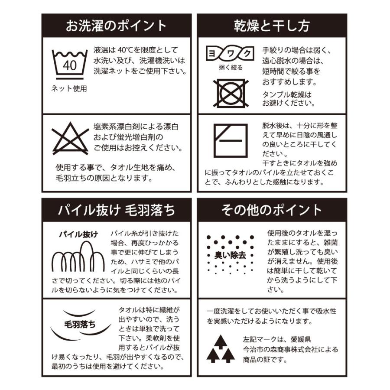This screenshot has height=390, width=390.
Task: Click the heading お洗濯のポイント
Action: click(116, 26)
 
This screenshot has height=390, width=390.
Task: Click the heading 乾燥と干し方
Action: click(272, 26)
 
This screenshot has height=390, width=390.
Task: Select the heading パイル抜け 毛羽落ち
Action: click(116, 210)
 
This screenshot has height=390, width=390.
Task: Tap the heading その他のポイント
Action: click(272, 210)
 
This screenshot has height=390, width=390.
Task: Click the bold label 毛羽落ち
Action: click(80, 325)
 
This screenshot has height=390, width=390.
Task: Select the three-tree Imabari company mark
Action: click(221, 349)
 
